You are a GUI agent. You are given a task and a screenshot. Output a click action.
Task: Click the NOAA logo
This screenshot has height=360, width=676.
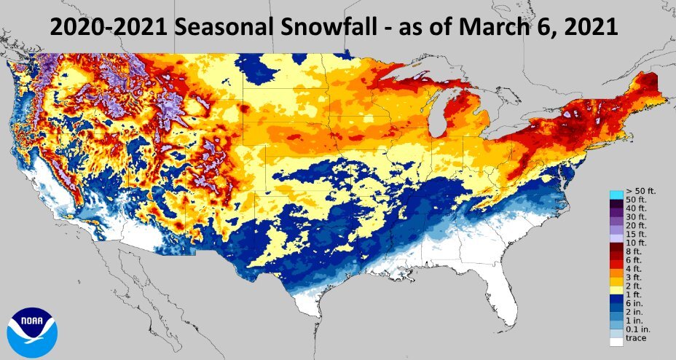[x=32, y=332]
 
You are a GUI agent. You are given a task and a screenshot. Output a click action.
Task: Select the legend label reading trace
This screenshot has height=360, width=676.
[x=636, y=337]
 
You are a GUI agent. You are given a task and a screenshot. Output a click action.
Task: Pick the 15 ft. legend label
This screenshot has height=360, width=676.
[x=636, y=232]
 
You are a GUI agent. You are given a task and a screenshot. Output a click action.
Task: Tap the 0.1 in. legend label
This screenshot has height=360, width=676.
[x=637, y=329]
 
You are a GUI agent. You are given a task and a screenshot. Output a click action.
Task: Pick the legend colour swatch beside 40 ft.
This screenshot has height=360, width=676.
[x=616, y=208]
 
